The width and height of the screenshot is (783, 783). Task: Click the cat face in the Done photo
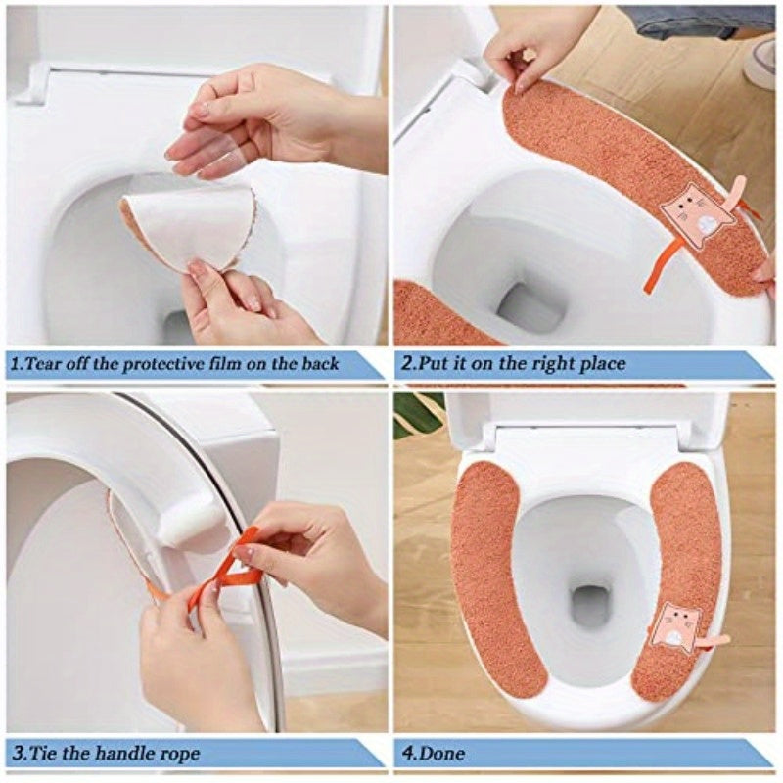676,624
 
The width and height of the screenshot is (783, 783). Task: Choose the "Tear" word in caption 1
45,364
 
